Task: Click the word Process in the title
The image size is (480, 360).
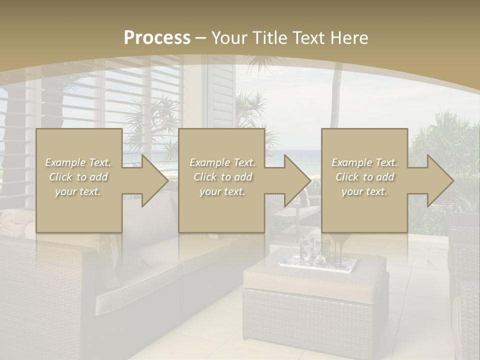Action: [x=157, y=38]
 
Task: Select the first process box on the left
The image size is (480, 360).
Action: [x=79, y=150]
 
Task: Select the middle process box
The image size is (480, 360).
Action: [x=221, y=150]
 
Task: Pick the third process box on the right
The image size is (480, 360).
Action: [x=364, y=150]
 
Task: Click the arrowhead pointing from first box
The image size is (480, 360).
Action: [x=155, y=180]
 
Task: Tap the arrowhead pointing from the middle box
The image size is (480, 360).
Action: [x=297, y=180]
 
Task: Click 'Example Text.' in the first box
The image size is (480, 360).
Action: [x=78, y=162]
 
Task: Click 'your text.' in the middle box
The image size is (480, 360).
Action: [x=222, y=191]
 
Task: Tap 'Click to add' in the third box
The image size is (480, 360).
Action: [x=364, y=177]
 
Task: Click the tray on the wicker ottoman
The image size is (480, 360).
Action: [x=320, y=262]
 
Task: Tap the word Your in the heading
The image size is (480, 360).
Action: [x=228, y=38]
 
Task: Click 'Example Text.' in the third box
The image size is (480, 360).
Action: [x=364, y=162]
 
